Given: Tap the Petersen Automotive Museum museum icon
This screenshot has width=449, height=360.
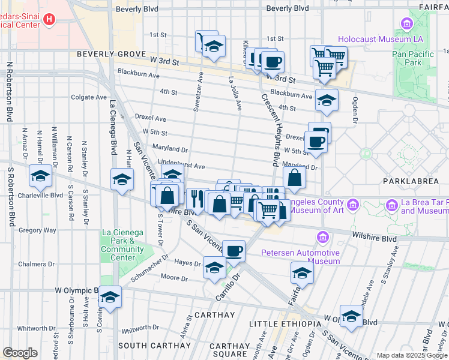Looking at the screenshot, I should click(x=323, y=238).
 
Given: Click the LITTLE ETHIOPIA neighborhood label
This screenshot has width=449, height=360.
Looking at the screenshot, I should click(x=285, y=324).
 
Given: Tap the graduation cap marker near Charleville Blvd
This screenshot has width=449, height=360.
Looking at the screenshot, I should click(x=40, y=176).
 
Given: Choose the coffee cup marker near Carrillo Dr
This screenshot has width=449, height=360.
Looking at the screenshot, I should click(x=234, y=251).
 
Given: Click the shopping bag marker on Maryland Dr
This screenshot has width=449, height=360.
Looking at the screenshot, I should click(x=294, y=178).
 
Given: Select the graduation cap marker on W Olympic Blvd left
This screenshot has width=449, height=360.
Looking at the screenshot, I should click(x=110, y=296).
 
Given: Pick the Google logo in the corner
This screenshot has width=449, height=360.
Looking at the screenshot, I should click(x=20, y=353).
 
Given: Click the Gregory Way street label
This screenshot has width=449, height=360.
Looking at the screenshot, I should click(x=37, y=230).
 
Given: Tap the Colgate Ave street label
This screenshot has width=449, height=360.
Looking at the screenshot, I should click(x=89, y=97).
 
